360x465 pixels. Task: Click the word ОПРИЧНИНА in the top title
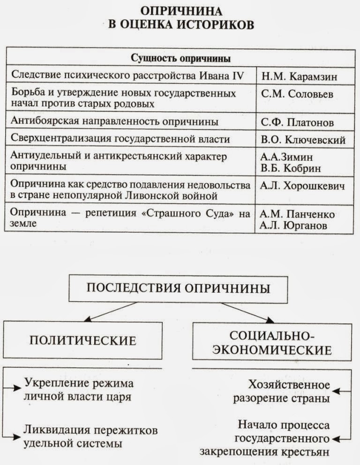pyautogui.click(x=180, y=11)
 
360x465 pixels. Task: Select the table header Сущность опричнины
pyautogui.click(x=180, y=59)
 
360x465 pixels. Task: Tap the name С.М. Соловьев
pyautogui.click(x=298, y=94)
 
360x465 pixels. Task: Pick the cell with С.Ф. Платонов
pyautogui.click(x=297, y=122)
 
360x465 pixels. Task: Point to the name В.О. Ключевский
pyautogui.click(x=303, y=140)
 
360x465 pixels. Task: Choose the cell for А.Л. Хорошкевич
pyautogui.click(x=303, y=186)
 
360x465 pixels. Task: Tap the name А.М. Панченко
pyautogui.click(x=298, y=214)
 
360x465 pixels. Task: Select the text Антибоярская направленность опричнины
pyautogui.click(x=114, y=122)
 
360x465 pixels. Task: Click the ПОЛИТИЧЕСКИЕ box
pyautogui.click(x=83, y=340)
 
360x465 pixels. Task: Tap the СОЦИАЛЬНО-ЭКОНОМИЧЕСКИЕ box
pyautogui.click(x=272, y=342)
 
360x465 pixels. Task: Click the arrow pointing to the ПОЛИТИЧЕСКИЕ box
pyautogui.click(x=111, y=312)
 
